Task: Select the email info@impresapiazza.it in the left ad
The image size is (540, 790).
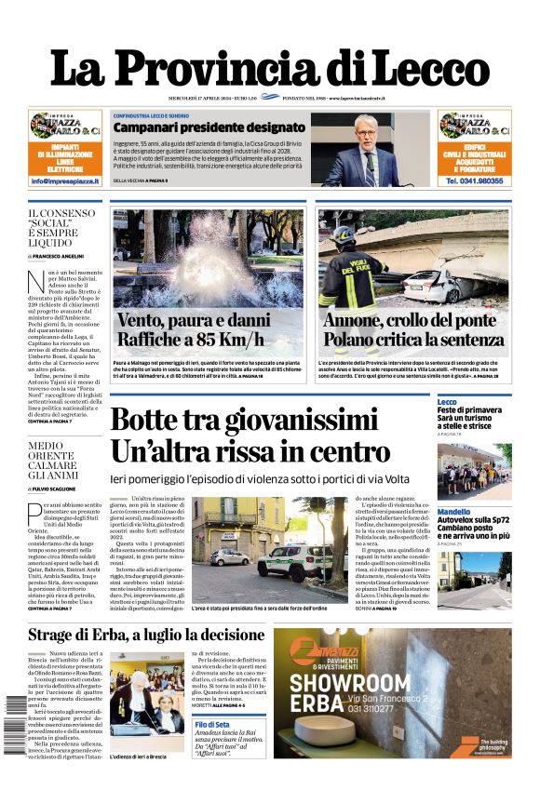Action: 65,181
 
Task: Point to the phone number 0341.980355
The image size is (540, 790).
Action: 474,181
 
